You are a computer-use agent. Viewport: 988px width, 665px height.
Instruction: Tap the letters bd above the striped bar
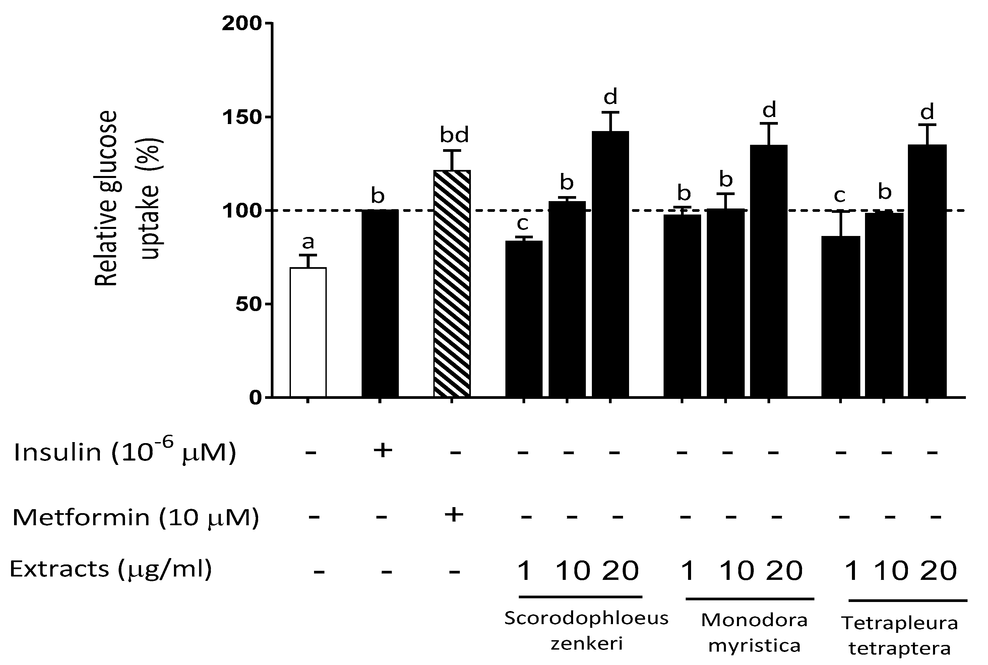(x=454, y=135)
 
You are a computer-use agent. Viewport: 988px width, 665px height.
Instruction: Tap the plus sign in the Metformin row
(x=454, y=515)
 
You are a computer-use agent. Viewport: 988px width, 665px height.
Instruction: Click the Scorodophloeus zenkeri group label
(x=586, y=631)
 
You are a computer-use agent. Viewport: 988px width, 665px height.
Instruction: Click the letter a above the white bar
(x=308, y=242)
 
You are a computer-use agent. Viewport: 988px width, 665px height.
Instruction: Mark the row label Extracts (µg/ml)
(x=110, y=569)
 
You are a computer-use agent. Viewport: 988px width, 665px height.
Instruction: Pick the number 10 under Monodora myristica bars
(x=737, y=571)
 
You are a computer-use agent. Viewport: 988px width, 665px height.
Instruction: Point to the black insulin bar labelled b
(x=380, y=303)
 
